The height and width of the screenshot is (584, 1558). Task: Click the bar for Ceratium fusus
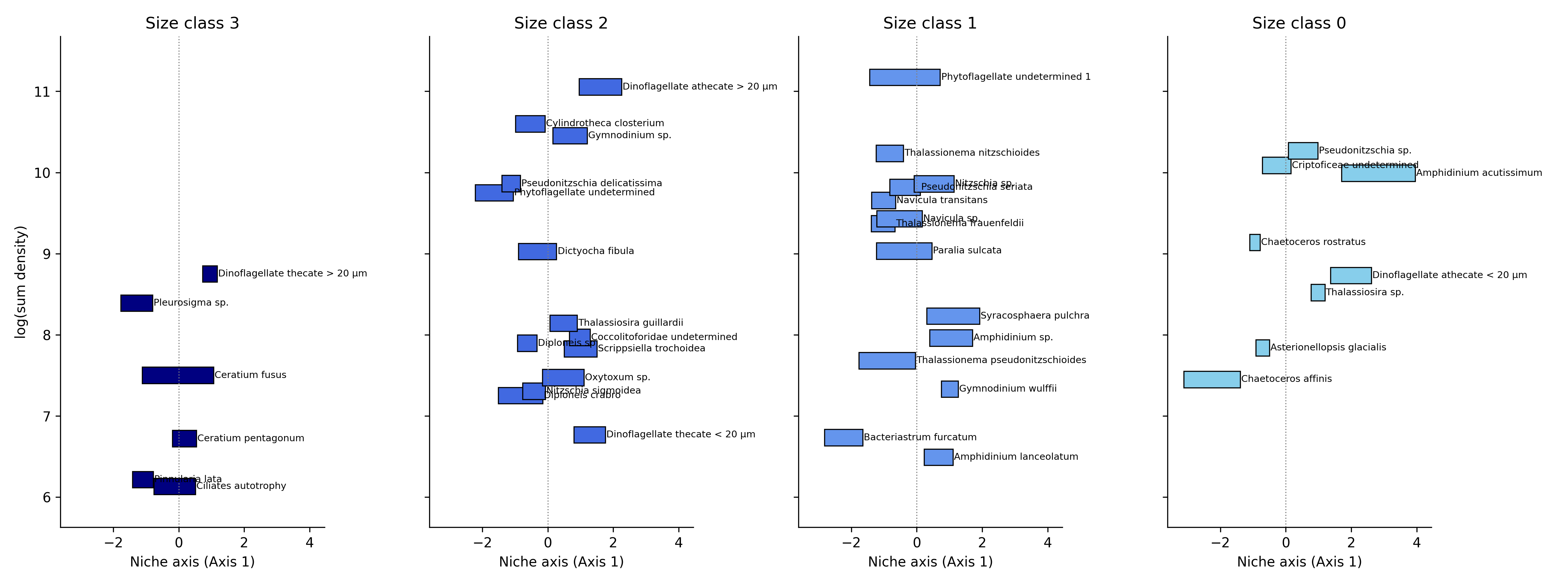[x=178, y=375]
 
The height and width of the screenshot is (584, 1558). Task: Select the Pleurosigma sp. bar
[x=137, y=303]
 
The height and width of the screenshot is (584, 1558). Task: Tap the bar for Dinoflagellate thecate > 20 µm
[x=210, y=274]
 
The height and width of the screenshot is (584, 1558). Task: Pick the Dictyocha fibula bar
[x=537, y=251]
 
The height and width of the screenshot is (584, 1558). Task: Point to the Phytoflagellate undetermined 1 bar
[x=905, y=78]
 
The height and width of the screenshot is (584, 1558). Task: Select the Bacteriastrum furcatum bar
[x=844, y=438]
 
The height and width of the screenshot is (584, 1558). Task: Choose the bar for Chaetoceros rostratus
[x=1255, y=242]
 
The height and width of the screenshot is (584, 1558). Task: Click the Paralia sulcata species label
[x=967, y=250]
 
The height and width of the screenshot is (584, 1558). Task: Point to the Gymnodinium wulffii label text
[x=1008, y=389]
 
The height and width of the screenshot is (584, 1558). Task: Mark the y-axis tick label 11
[x=42, y=92]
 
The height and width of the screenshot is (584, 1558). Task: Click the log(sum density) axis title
[x=21, y=282]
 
